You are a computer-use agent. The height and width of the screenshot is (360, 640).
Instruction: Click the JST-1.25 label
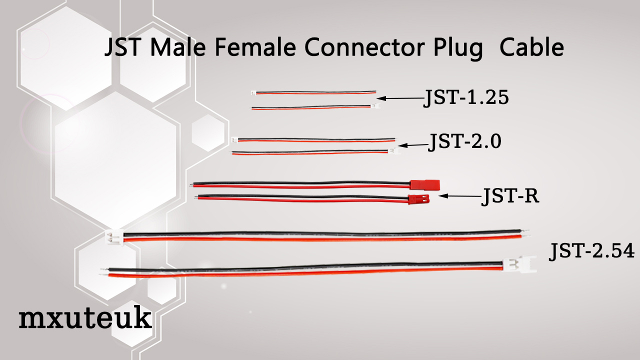pos(466,98)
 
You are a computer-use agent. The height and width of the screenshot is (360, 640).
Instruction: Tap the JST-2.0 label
pos(464,142)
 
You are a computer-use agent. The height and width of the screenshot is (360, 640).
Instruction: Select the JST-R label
pos(510,196)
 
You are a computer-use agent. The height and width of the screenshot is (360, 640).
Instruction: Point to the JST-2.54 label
pos(592,250)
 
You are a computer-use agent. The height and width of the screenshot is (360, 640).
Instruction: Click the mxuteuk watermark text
pos(85,318)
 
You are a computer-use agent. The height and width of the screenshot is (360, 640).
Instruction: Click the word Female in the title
pos(256,48)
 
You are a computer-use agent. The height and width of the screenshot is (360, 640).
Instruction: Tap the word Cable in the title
pos(531,48)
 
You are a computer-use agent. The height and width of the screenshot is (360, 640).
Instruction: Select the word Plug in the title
pos(456,49)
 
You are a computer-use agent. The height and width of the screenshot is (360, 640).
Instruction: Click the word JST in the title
pos(123,48)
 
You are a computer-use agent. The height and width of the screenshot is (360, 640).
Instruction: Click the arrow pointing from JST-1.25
pos(400,98)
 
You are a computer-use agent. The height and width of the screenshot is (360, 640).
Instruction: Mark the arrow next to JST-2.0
pos(412,145)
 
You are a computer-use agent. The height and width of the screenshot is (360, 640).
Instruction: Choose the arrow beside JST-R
pos(459,196)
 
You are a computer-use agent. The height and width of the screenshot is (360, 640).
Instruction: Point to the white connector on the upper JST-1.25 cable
pos(253,93)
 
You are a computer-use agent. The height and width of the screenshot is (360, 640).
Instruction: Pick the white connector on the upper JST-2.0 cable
pos(234,140)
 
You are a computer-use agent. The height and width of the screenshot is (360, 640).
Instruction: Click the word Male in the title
pos(180,48)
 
